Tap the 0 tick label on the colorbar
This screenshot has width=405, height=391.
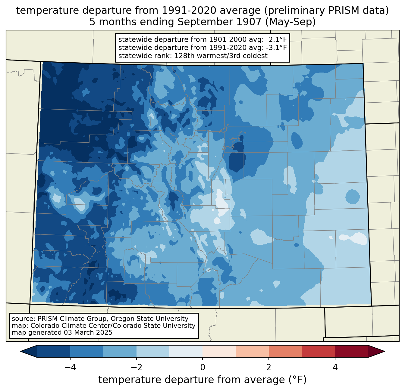(202, 367)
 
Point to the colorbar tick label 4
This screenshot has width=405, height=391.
(335, 367)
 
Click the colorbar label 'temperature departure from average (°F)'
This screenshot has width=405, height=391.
(202, 380)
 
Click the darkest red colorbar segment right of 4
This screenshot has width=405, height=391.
(351, 351)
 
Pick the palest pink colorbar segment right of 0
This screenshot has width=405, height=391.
(219, 351)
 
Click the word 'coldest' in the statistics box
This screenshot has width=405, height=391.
(256, 56)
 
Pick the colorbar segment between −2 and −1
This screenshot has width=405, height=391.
(153, 351)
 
